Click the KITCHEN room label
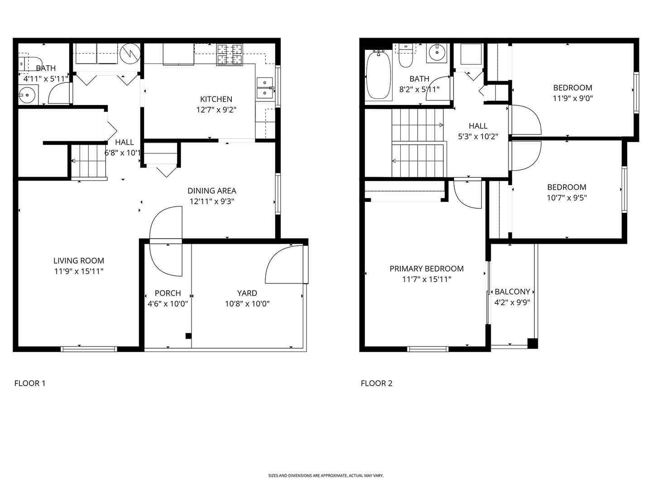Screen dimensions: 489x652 point(216,99)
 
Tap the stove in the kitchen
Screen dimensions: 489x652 point(230,54)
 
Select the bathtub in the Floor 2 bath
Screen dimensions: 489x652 point(379,76)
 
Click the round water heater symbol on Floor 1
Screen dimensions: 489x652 point(130,53)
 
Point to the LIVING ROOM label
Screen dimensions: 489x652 point(79,261)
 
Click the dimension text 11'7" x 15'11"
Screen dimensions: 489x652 point(427,279)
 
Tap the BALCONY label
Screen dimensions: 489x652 point(512,292)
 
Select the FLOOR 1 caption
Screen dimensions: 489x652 point(30,384)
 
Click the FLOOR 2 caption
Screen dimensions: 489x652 point(376,384)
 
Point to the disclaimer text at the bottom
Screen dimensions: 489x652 point(326,475)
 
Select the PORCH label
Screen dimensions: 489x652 point(168,293)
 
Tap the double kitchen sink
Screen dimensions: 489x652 point(264,88)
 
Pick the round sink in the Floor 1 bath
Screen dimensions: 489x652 point(28,96)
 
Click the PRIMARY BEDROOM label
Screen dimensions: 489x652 point(427,268)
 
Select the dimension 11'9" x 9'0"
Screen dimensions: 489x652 point(573,98)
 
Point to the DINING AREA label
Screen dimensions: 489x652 point(211,191)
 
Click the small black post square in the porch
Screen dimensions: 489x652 point(188,336)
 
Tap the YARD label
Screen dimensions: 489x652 point(247,293)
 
